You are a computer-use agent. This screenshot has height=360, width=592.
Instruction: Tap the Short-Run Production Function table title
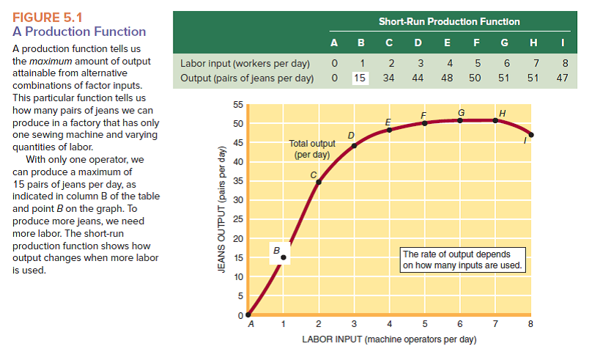point(449,21)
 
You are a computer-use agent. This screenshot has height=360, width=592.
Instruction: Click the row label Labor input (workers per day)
point(245,64)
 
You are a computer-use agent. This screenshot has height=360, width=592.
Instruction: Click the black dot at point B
point(284,257)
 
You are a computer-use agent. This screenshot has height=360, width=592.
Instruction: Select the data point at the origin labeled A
point(248,315)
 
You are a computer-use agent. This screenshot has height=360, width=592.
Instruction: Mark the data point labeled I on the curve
point(531,135)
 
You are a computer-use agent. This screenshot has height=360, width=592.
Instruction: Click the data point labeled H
point(496,120)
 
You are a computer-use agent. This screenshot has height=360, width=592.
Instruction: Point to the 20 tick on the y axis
point(237,238)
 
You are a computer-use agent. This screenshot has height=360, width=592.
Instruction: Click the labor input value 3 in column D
point(420,64)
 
